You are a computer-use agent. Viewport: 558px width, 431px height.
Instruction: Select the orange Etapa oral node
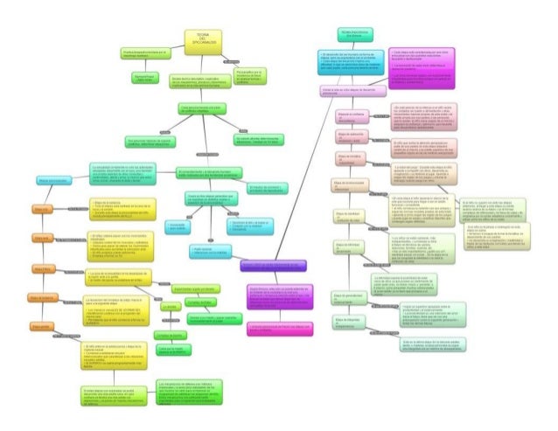(x=42, y=211)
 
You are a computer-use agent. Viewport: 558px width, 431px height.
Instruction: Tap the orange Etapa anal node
(x=42, y=238)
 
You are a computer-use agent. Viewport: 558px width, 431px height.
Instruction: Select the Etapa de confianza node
(x=351, y=115)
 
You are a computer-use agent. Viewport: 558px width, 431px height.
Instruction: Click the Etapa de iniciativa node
(x=351, y=157)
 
